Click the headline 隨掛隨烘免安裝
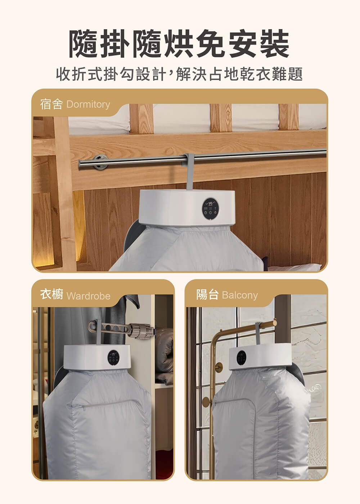179,44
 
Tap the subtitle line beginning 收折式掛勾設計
179,74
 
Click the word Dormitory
88,104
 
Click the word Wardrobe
89,296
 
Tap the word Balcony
240,295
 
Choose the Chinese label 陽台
207,294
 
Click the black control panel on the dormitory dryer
210,209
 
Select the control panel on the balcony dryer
241,356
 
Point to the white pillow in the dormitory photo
295,267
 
